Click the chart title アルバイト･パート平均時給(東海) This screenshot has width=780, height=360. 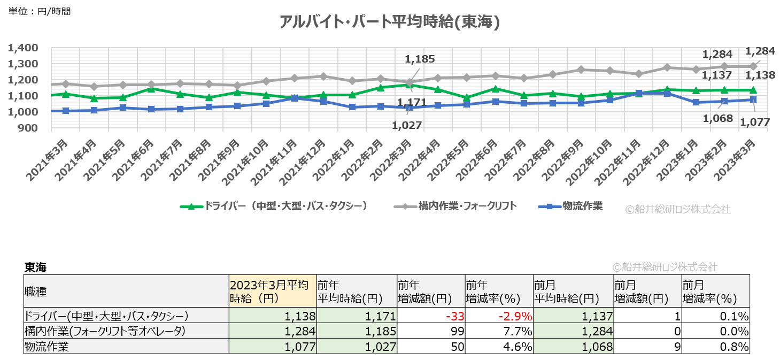(390, 22)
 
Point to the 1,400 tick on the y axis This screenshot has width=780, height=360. (23, 48)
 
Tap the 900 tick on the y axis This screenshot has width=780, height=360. (28, 128)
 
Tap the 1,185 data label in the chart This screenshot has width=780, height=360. (420, 59)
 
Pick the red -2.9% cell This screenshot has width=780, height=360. (515, 316)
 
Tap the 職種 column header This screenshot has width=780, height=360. (36, 292)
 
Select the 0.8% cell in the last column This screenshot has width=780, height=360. (735, 347)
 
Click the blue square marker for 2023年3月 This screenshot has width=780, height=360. (753, 99)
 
